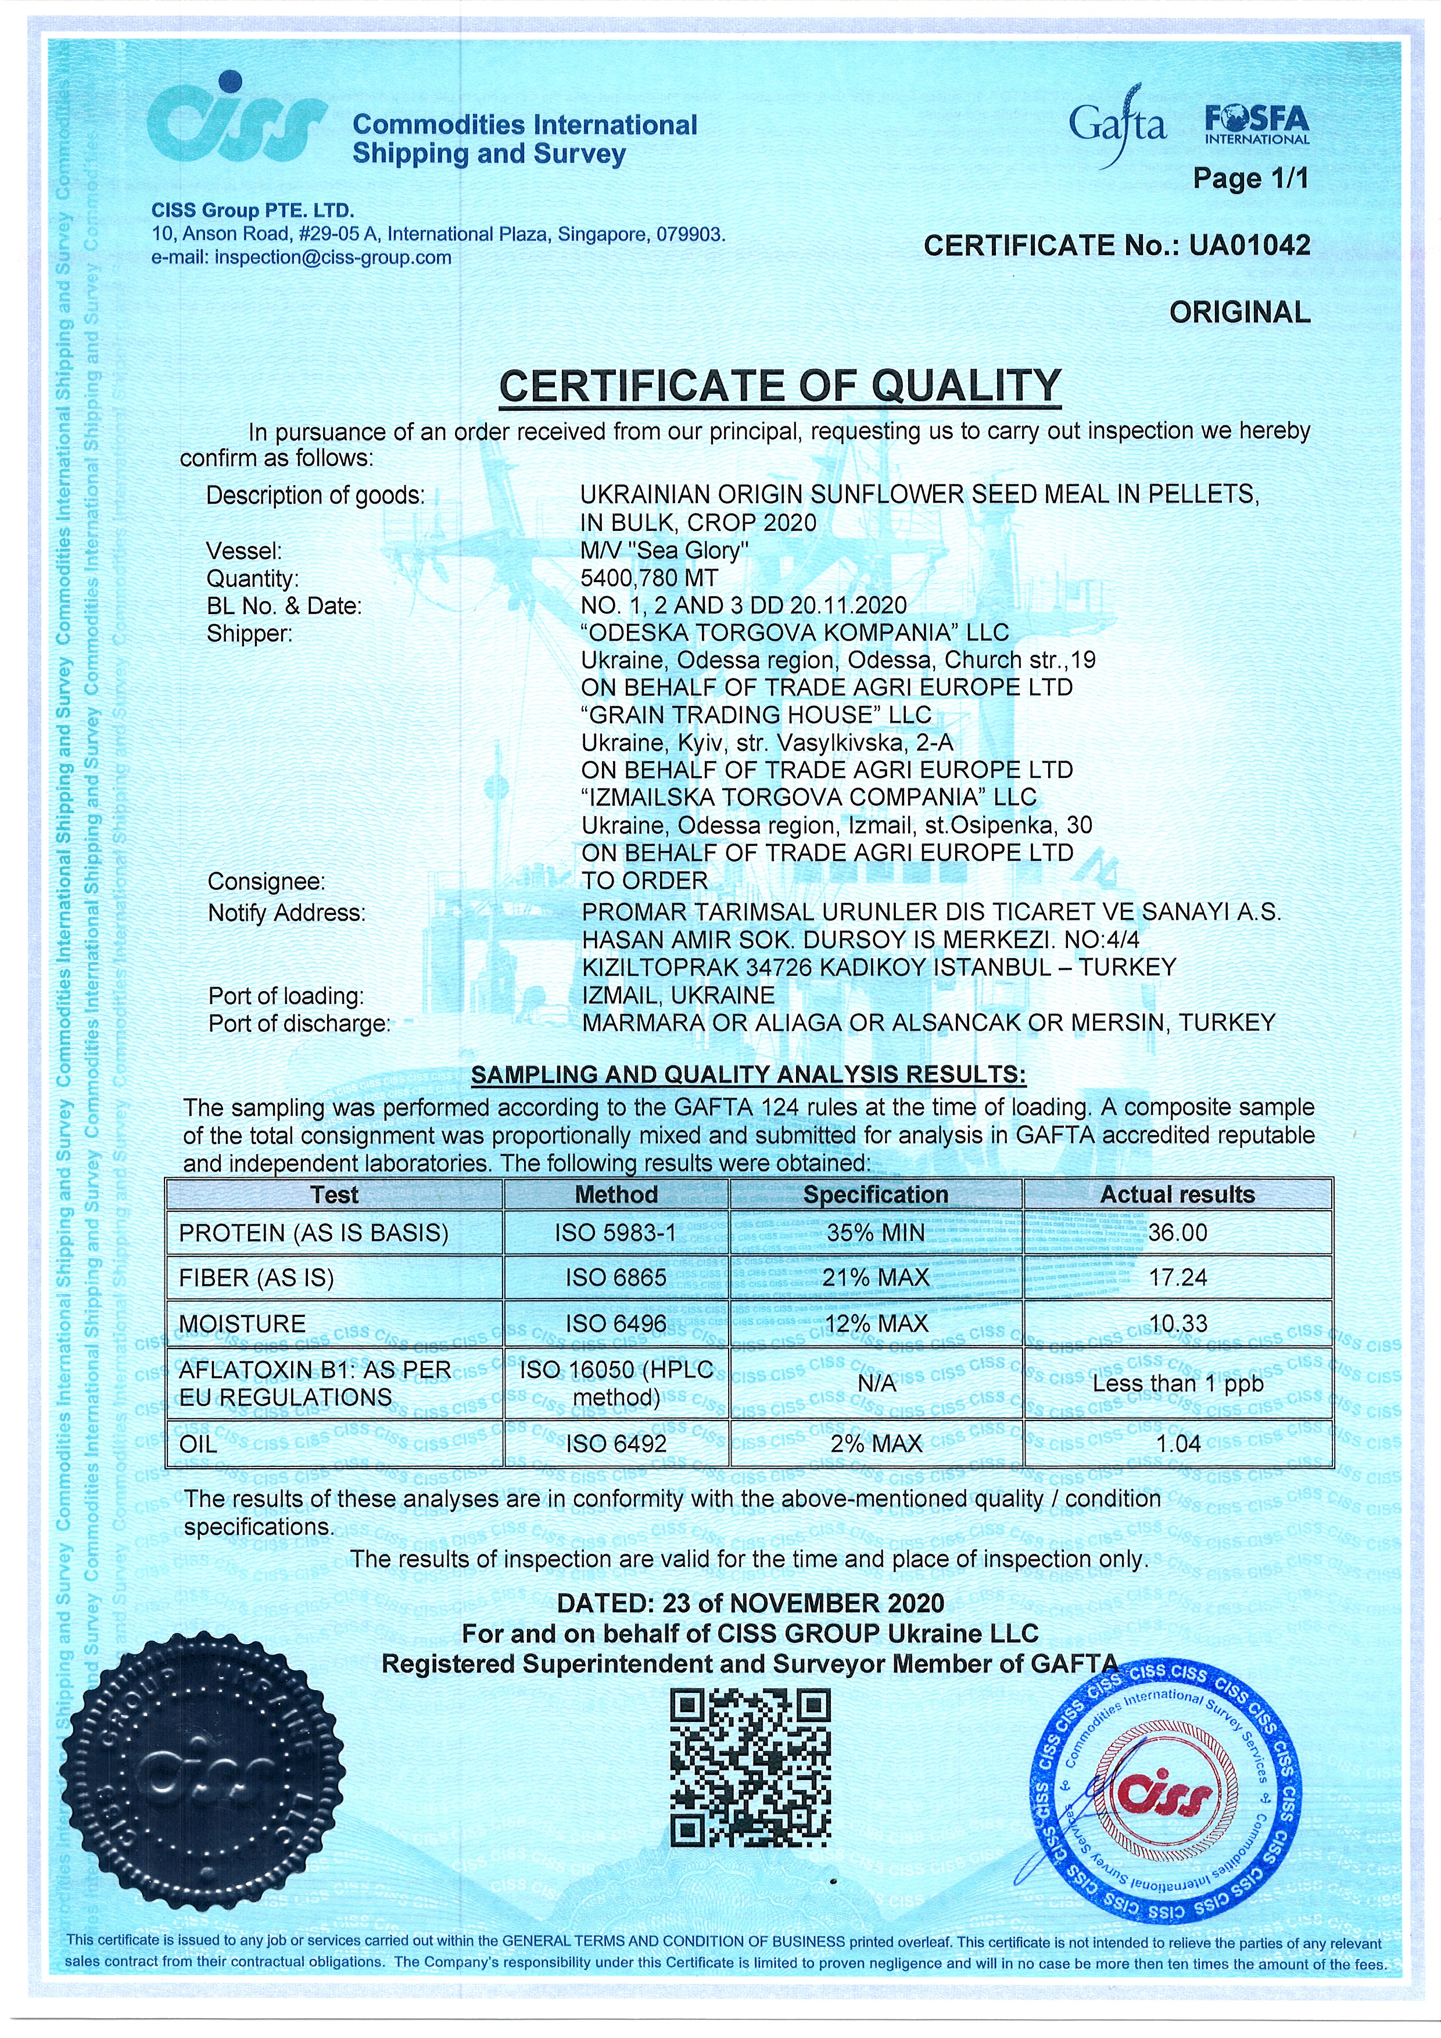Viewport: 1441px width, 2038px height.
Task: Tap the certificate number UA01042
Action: coord(1249,245)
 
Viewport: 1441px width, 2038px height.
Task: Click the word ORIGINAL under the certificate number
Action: coord(1239,313)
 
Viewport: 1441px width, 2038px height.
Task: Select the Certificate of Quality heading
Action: coord(780,386)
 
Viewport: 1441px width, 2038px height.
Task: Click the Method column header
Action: coord(616,1195)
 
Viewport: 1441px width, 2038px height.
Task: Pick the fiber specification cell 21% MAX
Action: coord(876,1278)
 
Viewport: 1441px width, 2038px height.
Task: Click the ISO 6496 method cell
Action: coord(616,1323)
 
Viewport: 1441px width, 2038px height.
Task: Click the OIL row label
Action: coord(198,1444)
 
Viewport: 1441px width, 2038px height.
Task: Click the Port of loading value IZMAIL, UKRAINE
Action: coord(678,995)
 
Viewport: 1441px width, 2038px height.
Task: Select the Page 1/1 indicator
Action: coord(1250,178)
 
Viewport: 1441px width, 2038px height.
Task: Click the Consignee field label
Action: coord(266,881)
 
